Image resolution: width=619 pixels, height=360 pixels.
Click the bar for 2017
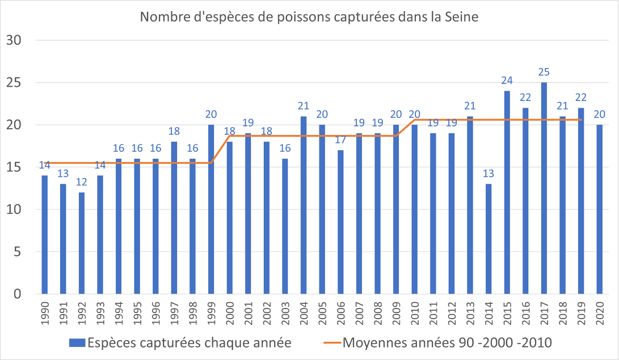click(544, 188)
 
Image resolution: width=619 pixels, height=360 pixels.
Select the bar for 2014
click(489, 239)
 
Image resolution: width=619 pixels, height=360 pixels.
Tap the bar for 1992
click(82, 243)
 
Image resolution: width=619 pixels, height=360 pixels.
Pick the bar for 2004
click(304, 205)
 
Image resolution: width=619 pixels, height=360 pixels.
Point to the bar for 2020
click(599, 209)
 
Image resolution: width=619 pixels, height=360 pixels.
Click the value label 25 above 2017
click(544, 73)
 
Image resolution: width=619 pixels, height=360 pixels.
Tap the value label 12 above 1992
click(82, 183)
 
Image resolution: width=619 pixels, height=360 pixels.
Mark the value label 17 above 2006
click(340, 140)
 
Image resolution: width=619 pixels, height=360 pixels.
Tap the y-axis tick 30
click(13, 40)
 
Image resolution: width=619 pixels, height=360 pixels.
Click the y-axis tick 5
click(17, 252)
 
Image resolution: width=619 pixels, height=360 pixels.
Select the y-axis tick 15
click(13, 167)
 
